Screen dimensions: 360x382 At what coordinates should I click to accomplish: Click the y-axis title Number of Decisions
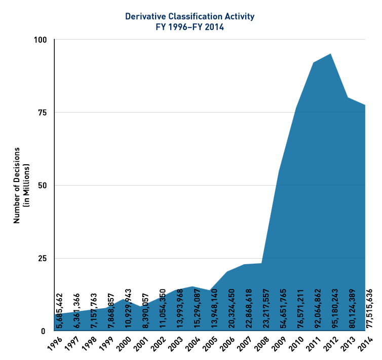(x=17, y=185)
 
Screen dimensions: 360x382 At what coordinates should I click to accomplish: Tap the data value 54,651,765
(x=284, y=302)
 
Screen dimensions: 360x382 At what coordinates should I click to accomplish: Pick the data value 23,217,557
(x=266, y=302)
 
